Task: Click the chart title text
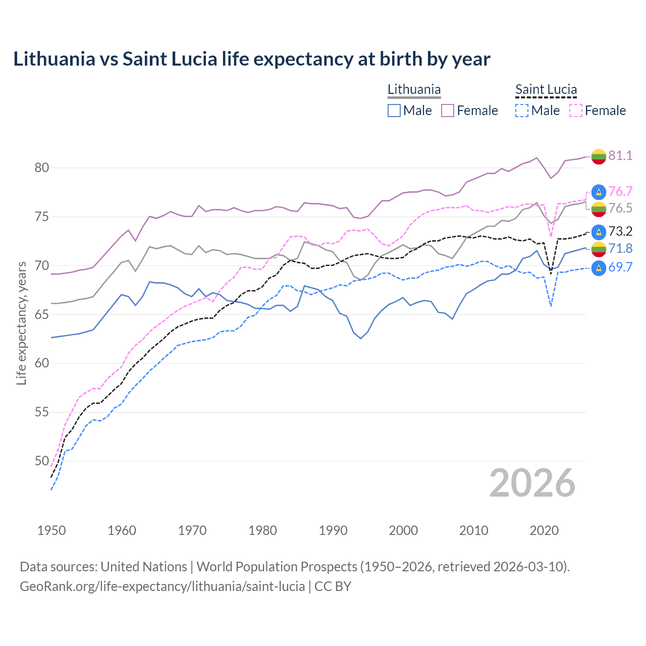(251, 59)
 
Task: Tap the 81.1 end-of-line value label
(620, 155)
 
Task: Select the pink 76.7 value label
(620, 191)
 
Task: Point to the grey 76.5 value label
(620, 208)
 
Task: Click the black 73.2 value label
(620, 232)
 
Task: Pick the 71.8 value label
(620, 248)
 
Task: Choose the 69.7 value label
(620, 267)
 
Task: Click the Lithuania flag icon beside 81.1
(599, 156)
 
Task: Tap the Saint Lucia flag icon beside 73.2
(599, 232)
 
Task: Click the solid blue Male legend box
(394, 111)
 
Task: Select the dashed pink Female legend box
(576, 111)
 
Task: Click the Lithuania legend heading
(414, 90)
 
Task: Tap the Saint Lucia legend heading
(546, 90)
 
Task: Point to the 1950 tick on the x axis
(51, 530)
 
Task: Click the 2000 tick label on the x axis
(403, 530)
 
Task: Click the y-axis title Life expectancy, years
(21, 323)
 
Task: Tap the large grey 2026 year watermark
(532, 483)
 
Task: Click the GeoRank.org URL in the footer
(162, 586)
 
